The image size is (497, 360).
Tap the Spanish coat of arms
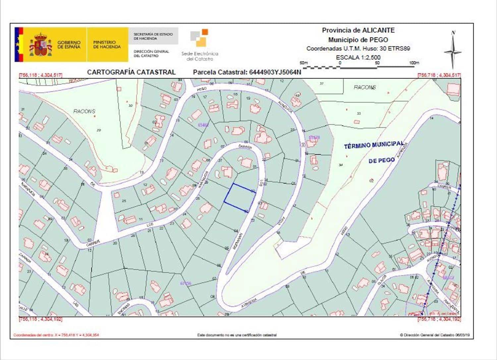click(41, 45)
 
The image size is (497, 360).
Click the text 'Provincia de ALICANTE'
click(358, 30)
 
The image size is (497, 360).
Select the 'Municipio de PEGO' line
click(358, 40)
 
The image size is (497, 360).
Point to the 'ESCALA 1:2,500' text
click(358, 57)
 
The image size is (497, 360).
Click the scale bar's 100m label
click(414, 63)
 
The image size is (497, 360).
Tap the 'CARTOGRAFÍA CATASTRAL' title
click(131, 72)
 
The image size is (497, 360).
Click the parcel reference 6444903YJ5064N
click(247, 72)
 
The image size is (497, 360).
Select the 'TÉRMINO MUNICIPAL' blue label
click(373, 145)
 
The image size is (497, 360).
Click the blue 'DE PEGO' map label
click(381, 160)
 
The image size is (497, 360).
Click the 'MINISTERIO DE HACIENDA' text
click(107, 45)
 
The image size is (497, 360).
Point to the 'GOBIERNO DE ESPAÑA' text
click(69, 45)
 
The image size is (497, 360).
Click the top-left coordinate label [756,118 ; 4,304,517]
click(41, 75)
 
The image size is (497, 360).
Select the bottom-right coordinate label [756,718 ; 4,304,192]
click(439, 319)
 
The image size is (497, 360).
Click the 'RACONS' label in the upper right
click(364, 87)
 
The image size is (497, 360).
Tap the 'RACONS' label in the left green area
click(84, 111)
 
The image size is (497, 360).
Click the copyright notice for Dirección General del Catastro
click(435, 335)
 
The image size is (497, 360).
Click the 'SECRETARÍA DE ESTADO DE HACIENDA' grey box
click(153, 36)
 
